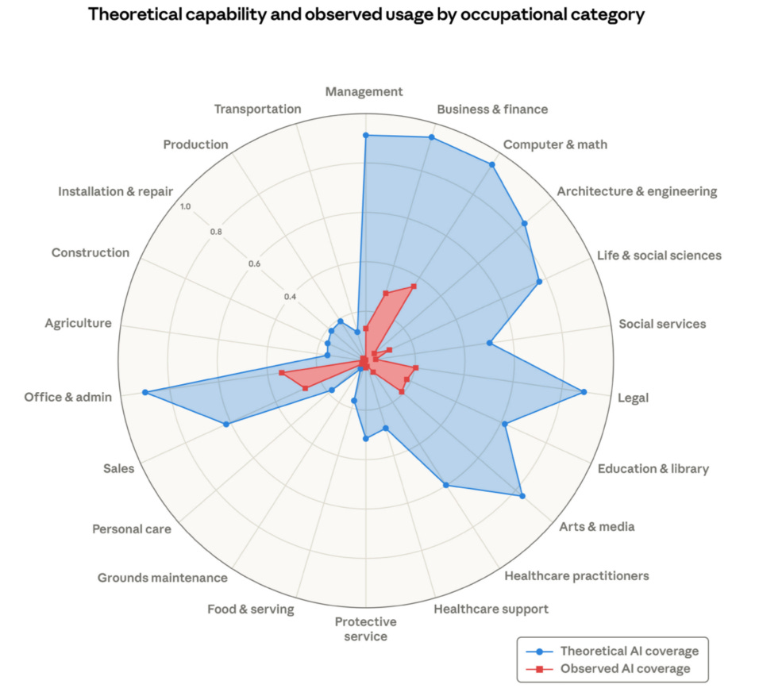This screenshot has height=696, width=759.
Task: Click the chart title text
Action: click(366, 15)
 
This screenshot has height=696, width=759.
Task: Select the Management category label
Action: click(364, 92)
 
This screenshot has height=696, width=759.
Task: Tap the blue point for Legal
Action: click(584, 392)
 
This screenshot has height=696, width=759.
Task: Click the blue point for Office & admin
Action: click(144, 392)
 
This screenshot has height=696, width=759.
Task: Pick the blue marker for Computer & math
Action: click(491, 165)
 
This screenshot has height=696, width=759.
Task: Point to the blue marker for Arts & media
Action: click(522, 496)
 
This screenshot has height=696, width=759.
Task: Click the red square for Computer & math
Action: click(414, 286)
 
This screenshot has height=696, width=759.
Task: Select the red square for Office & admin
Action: click(281, 373)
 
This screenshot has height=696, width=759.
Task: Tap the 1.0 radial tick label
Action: click(185, 207)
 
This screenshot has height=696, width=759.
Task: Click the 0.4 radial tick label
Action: click(291, 297)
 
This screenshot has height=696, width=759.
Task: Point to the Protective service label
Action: click(365, 629)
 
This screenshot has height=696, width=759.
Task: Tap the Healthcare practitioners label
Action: click(576, 575)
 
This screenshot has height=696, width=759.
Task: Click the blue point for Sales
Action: click(226, 425)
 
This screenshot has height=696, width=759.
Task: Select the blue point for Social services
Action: click(489, 344)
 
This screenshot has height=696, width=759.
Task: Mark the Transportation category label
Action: click(258, 109)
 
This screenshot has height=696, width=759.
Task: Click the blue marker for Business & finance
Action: click(431, 138)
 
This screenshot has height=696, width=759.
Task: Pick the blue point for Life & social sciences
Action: click(539, 282)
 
